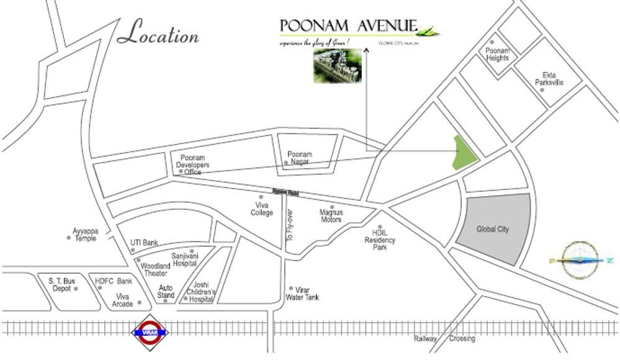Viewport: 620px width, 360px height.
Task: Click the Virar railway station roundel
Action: pos(151,332)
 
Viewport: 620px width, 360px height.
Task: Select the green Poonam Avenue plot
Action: pos(464,153)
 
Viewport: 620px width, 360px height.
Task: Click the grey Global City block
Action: pos(494,229)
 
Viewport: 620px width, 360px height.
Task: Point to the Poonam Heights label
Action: pos(498,55)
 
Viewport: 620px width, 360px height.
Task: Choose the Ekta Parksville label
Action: pos(549,79)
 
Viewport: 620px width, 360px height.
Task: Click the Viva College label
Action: pos(262,209)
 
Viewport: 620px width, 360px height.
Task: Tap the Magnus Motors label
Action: pos(331,215)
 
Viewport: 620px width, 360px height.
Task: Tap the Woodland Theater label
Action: pos(155,269)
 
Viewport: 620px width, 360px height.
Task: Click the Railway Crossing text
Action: pos(444,339)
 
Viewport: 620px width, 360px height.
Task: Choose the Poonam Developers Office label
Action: pos(194,164)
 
